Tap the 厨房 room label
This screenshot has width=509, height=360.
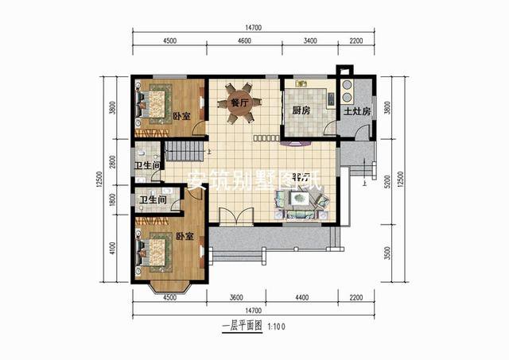click(301, 111)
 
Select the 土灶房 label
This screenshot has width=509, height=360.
click(357, 111)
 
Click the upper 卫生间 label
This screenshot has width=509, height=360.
click(149, 165)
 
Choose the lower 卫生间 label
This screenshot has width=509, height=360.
click(152, 200)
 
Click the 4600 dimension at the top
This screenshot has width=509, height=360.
click(244, 41)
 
